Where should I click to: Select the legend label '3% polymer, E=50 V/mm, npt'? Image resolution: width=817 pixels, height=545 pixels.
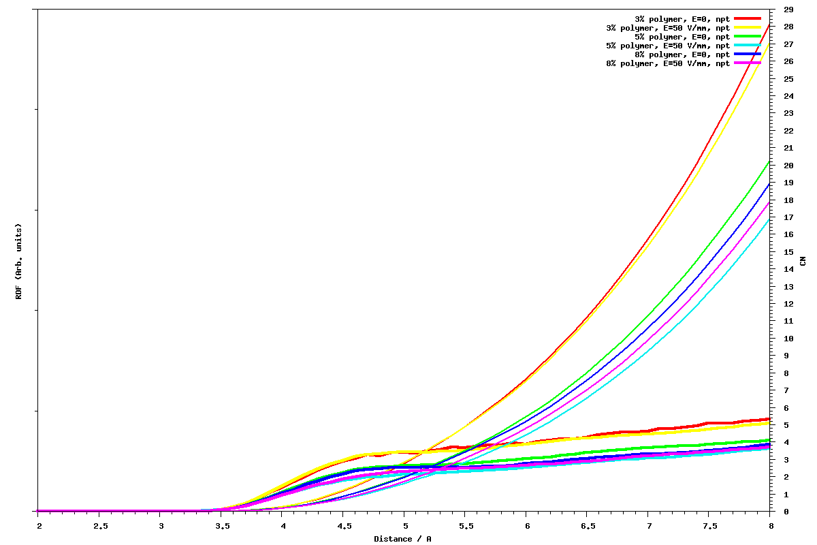(x=668, y=27)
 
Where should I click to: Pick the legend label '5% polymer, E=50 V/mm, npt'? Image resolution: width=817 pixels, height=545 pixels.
(x=668, y=45)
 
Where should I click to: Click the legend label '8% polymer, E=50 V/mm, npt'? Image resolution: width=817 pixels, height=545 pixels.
(x=668, y=63)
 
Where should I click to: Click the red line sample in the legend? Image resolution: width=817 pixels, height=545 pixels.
(x=748, y=18)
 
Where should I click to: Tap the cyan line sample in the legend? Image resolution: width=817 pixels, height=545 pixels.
(x=748, y=45)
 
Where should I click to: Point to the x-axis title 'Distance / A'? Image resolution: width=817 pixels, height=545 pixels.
(x=402, y=539)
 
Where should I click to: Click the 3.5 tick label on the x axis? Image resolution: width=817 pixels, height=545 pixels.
(x=222, y=526)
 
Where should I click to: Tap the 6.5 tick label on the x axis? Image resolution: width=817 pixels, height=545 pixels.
(x=588, y=526)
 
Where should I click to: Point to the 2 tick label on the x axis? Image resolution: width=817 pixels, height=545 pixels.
(x=39, y=526)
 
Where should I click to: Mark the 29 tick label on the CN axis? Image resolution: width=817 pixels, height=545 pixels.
(x=788, y=10)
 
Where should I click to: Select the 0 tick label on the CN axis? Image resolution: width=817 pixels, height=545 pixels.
(x=786, y=511)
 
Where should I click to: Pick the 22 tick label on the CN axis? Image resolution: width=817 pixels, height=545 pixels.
(x=788, y=131)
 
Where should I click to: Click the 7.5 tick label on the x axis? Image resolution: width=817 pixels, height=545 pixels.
(x=710, y=526)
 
